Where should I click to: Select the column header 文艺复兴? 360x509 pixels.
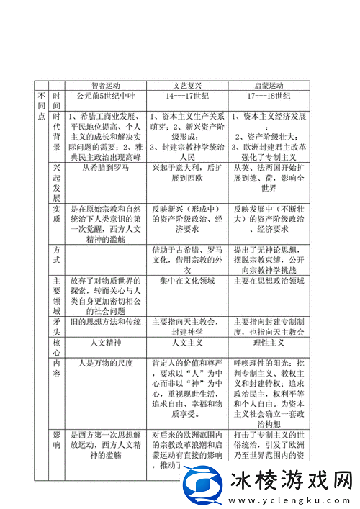click(x=188, y=84)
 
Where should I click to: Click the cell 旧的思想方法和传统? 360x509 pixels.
click(x=106, y=321)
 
